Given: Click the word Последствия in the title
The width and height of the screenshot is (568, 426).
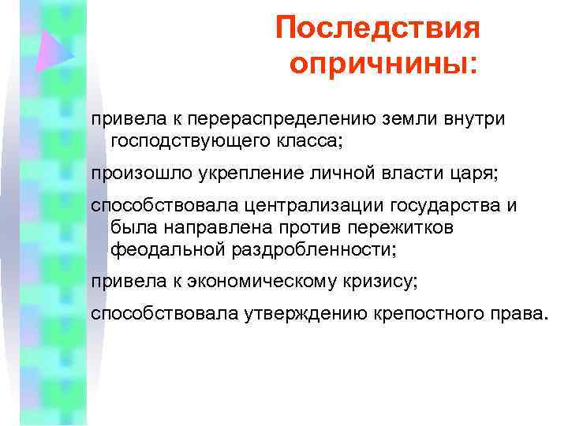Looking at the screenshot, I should pos(378,29).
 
